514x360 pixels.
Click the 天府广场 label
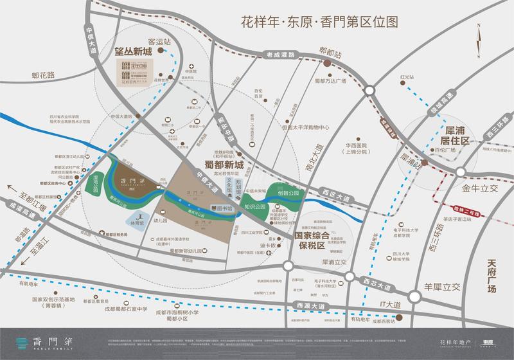492,276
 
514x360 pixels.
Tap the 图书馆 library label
224,208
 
